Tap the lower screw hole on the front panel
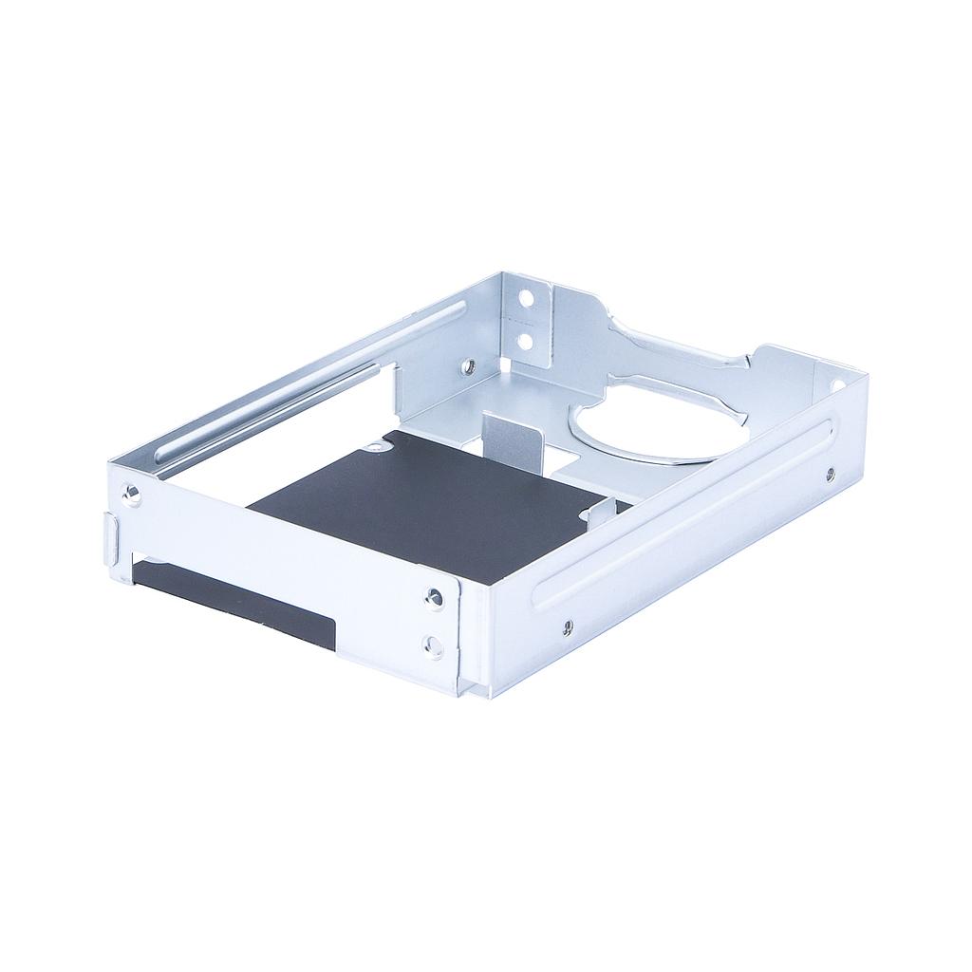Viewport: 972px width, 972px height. [x=433, y=647]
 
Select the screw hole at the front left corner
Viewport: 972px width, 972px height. [x=132, y=495]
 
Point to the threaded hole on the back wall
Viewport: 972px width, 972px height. [x=467, y=364]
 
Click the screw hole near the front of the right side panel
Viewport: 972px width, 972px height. [x=567, y=626]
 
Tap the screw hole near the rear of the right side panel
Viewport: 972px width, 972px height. [x=831, y=472]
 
